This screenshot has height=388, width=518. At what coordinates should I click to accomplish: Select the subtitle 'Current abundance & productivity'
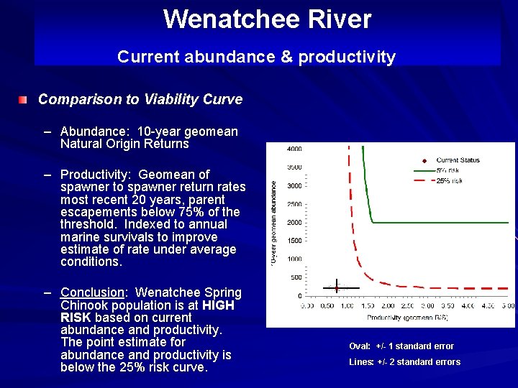coord(256,57)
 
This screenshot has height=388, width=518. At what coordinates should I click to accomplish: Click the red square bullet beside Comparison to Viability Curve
coord(24,99)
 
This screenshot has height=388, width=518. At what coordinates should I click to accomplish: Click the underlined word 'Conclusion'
coord(92,292)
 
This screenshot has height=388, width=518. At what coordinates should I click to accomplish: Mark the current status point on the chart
coord(336,288)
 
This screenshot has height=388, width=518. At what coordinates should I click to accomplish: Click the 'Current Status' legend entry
coord(458,160)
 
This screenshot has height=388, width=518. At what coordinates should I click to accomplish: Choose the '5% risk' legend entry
coord(447,170)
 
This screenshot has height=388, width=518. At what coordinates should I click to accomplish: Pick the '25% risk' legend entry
coord(449,180)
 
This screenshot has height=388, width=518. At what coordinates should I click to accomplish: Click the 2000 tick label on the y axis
coord(294,223)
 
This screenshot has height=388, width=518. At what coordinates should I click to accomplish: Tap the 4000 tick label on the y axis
coord(294,149)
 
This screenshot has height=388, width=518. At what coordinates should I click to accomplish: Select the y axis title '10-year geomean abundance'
coord(273,223)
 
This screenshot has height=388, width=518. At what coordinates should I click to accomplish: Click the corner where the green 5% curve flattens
coord(371,222)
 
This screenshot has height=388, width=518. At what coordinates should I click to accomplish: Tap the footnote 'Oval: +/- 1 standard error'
coord(401,346)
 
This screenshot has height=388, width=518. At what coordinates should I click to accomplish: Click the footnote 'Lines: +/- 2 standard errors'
coord(404,362)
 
